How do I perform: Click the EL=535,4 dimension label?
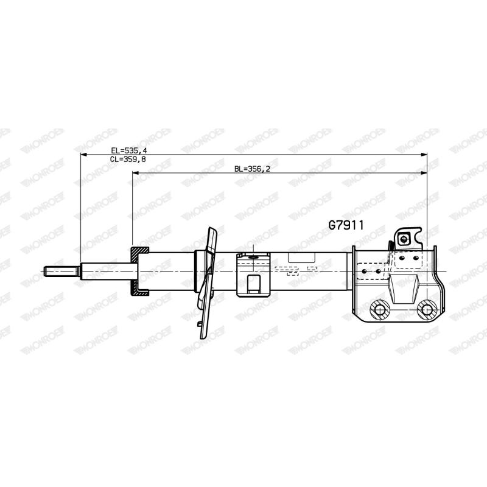click(129, 150)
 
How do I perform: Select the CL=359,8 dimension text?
click(128, 159)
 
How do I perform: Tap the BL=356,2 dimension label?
click(252, 169)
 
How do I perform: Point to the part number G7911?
click(346, 225)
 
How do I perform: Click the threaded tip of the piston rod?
click(62, 272)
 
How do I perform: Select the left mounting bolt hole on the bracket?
click(380, 310)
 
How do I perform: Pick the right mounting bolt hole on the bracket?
click(427, 310)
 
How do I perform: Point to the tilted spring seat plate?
click(208, 282)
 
